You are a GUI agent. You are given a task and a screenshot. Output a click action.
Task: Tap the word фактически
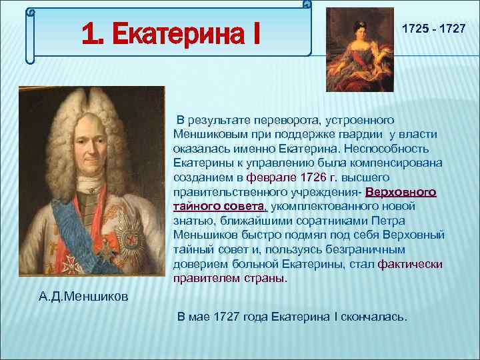(x=410, y=264)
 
